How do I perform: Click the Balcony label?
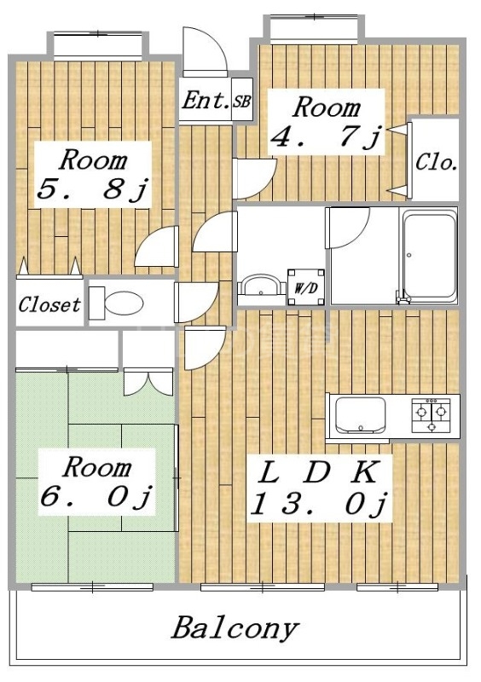pyautogui.click(x=235, y=628)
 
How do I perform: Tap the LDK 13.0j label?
pyautogui.click(x=319, y=488)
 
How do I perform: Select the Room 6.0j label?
pyautogui.click(x=96, y=482)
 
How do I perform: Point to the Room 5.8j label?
pyautogui.click(x=93, y=175)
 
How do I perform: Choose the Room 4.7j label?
pyautogui.click(x=326, y=122)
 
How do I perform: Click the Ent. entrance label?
pyautogui.click(x=205, y=101)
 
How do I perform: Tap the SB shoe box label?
pyautogui.click(x=241, y=102)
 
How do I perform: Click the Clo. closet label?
pyautogui.click(x=436, y=163)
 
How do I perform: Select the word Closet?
pyautogui.click(x=49, y=304)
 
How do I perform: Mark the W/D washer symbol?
pyautogui.click(x=306, y=287)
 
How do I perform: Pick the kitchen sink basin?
pyautogui.click(x=360, y=415)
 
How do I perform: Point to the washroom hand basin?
pyautogui.click(x=261, y=285)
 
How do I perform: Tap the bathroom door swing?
pyautogui.click(x=349, y=228)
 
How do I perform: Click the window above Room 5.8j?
pyautogui.click(x=98, y=46)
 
